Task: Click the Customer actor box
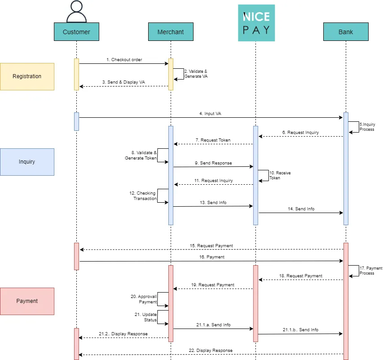coord(76,32)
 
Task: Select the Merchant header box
coord(171,32)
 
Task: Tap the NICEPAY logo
coord(256,23)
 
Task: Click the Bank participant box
coord(346,32)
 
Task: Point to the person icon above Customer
coord(76,12)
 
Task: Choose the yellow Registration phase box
coord(27,76)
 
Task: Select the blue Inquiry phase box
coord(27,162)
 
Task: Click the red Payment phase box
coord(27,301)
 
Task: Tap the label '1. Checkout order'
coord(124,59)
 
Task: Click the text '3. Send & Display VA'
coord(123,82)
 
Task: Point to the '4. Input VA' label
coord(210,114)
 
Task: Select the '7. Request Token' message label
coord(212,140)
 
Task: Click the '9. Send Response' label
coord(213,163)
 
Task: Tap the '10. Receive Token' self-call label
coord(280,175)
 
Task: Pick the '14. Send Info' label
coord(301,209)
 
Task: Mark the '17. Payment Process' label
coord(370,271)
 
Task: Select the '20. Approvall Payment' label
coord(144,299)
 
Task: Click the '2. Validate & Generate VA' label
coord(196,74)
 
